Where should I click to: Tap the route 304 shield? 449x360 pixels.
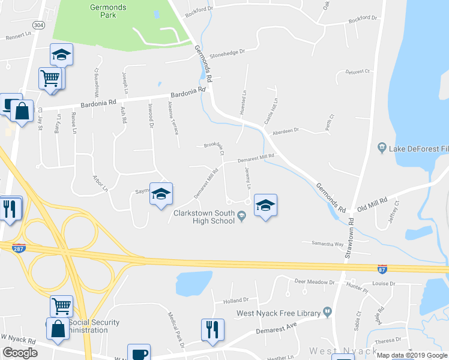[38, 25]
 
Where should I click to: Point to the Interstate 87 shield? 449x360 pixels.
[382, 270]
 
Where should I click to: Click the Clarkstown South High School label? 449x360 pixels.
[203, 217]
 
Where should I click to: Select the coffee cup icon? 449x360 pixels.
[139, 353]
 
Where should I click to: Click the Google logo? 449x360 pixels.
[20, 353]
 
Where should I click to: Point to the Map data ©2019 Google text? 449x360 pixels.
[411, 355]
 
